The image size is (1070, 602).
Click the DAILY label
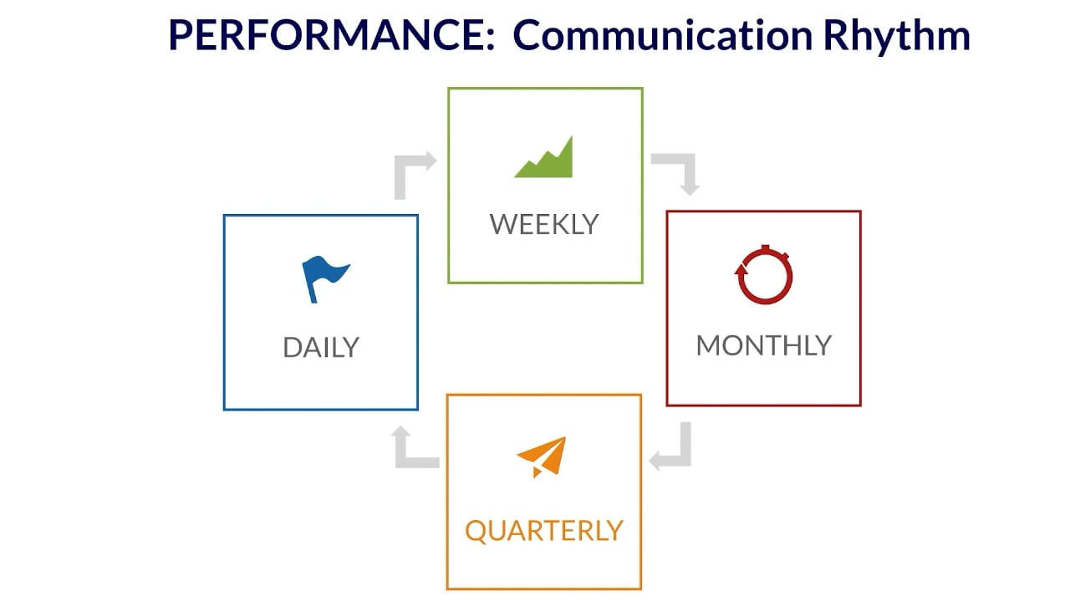point(320,348)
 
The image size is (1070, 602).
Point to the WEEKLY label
point(544,224)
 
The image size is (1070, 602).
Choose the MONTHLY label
point(763,345)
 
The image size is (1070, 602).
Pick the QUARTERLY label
point(543,531)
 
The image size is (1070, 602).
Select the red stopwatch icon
point(763,275)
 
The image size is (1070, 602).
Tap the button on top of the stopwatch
point(764,248)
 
